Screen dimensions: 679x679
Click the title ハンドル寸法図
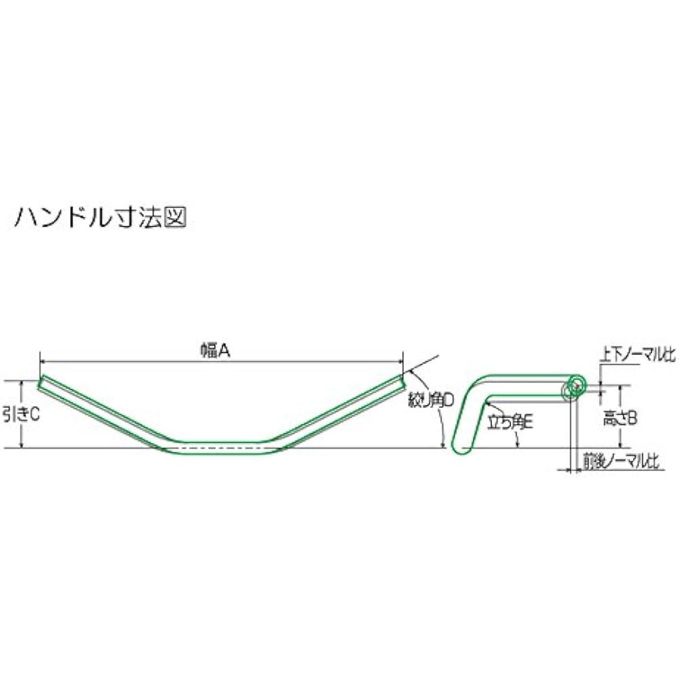(x=100, y=217)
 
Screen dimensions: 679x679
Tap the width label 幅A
(x=215, y=351)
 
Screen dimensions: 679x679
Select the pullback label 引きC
(x=21, y=414)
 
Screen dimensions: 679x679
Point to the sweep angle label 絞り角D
(x=431, y=401)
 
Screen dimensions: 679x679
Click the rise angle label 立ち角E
(x=510, y=422)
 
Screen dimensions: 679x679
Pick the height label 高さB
(x=620, y=419)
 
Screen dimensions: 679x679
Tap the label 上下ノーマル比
(x=638, y=356)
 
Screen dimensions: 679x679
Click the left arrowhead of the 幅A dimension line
(x=43, y=361)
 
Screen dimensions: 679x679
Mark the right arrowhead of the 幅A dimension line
(x=400, y=361)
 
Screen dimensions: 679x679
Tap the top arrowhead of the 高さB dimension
(x=621, y=388)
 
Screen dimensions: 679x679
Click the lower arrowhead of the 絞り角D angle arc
(x=443, y=444)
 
